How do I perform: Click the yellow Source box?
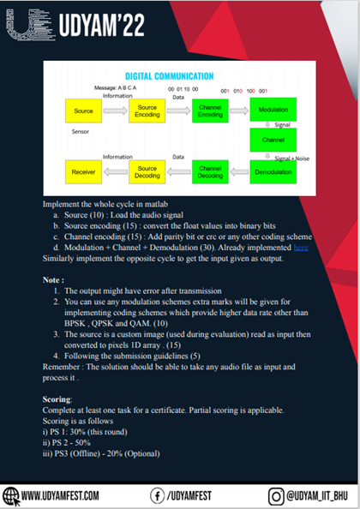point(83,111)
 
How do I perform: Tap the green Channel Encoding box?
point(210,111)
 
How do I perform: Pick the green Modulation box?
point(273,111)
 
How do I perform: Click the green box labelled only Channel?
point(273,140)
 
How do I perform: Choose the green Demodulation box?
point(273,172)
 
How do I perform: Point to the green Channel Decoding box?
point(210,172)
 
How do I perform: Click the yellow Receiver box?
point(83,172)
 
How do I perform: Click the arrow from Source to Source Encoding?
point(115,111)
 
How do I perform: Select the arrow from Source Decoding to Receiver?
point(115,172)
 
